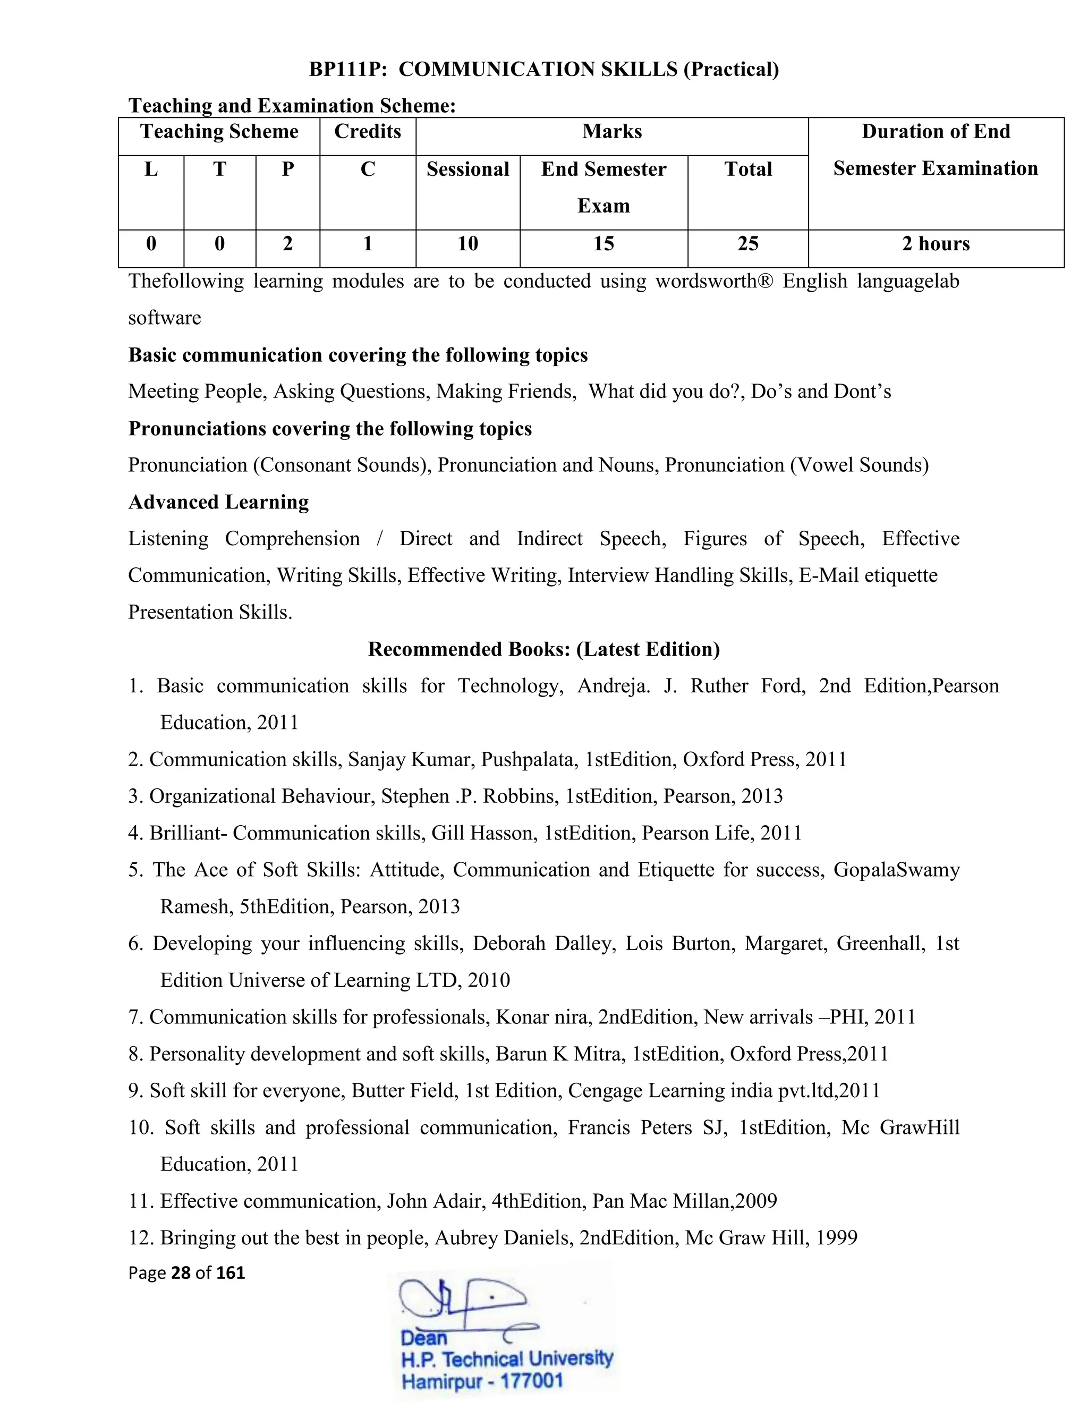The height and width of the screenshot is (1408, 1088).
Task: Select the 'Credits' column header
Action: point(368,132)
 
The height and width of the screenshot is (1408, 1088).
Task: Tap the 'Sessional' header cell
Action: point(467,169)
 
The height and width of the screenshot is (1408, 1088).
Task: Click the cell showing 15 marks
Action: point(603,244)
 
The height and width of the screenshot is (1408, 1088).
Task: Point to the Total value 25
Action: point(747,244)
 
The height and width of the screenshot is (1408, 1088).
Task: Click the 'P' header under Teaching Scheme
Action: point(287,169)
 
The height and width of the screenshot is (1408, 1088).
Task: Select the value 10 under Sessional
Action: point(467,244)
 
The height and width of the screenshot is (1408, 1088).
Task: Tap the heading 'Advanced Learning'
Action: point(218,502)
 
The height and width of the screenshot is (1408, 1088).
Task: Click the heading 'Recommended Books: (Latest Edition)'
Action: point(543,649)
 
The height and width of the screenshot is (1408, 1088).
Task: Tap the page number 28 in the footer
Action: point(181,1273)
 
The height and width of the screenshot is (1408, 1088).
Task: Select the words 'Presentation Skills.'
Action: point(210,613)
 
